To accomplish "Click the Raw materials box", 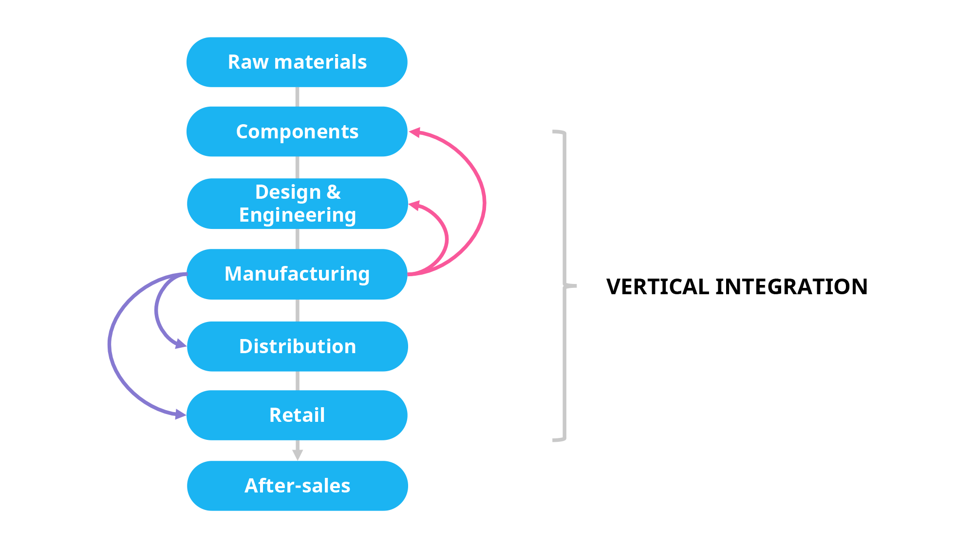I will tap(297, 62).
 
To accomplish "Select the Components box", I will tap(297, 132).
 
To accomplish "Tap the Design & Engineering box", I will tap(297, 204).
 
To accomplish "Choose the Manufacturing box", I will tap(297, 274).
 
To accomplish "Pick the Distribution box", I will tap(297, 346).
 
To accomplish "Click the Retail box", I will tap(297, 415).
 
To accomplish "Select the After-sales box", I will tap(297, 486).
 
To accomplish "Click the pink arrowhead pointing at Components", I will tap(414, 132).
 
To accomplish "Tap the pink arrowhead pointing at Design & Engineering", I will tap(414, 206).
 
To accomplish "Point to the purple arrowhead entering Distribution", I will tap(181, 345).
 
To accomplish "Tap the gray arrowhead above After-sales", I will tap(298, 454).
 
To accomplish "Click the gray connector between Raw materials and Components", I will tap(298, 97).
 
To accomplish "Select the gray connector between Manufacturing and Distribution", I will tap(298, 310).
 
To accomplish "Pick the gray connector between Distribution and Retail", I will tap(298, 381).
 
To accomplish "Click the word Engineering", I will tap(297, 215).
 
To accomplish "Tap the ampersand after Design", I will tap(334, 192).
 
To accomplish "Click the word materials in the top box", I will tap(320, 62).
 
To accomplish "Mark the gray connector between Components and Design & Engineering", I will tap(298, 168).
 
